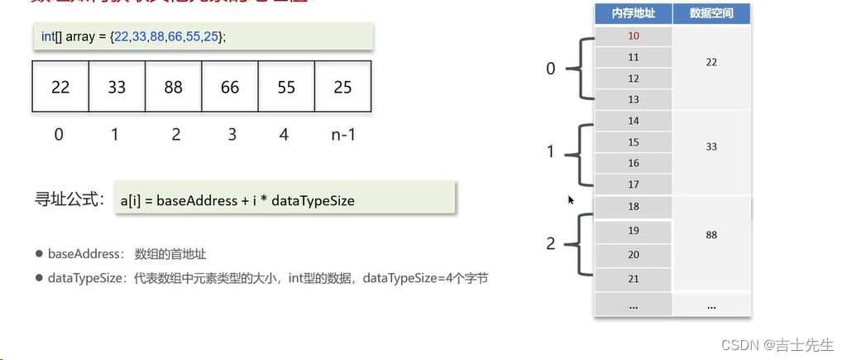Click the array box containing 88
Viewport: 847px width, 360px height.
coord(173,86)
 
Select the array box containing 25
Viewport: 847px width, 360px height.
coord(342,86)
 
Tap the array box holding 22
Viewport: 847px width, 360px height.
coord(60,86)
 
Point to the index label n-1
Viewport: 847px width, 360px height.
coord(342,133)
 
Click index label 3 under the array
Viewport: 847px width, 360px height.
coord(230,133)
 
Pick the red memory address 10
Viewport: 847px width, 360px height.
coord(634,36)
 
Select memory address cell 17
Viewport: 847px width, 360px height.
coord(634,184)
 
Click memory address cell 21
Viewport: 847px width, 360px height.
coord(634,278)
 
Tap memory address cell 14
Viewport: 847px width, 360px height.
coord(634,121)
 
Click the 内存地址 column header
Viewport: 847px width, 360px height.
coord(634,14)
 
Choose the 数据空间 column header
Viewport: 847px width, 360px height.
coord(711,14)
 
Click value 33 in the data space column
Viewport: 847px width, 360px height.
coord(711,146)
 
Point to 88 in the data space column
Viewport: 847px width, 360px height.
coord(711,235)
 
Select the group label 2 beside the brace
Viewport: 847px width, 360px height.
coord(551,244)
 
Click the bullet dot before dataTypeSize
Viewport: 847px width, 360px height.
coord(39,279)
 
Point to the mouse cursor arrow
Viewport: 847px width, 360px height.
coord(571,199)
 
